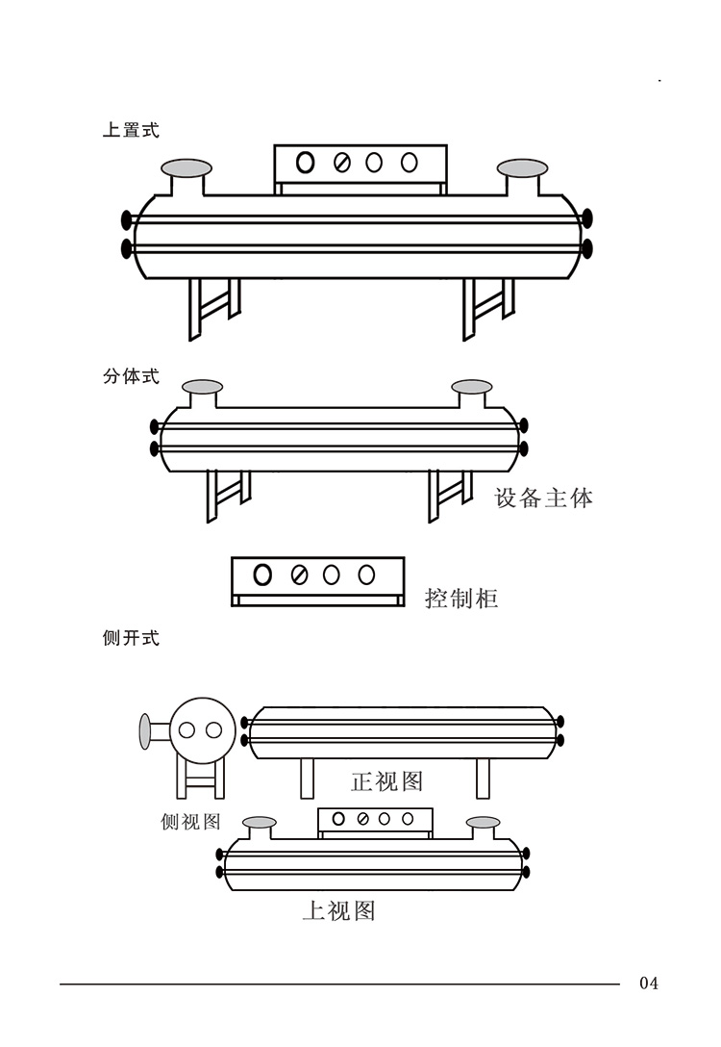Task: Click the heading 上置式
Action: [x=131, y=130]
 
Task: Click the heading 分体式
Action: [x=131, y=376]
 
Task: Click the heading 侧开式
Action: [x=131, y=638]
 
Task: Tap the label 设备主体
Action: [x=544, y=498]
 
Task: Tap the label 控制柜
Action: [x=461, y=599]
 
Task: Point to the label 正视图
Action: [x=386, y=780]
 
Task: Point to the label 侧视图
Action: [x=190, y=821]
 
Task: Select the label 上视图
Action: [x=338, y=910]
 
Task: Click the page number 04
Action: [x=649, y=983]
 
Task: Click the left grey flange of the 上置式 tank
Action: [x=186, y=168]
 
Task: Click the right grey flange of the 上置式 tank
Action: [x=522, y=168]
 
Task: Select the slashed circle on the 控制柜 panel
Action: [x=298, y=575]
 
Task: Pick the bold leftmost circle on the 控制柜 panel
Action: [x=262, y=575]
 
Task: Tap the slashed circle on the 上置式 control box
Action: [x=341, y=163]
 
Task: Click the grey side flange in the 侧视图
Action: [x=145, y=731]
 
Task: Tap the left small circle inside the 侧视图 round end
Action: [x=188, y=730]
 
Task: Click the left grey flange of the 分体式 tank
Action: [x=202, y=387]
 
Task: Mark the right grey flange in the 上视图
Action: [x=483, y=823]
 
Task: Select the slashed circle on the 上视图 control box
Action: [x=362, y=819]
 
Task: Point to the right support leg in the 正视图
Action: [x=483, y=778]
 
